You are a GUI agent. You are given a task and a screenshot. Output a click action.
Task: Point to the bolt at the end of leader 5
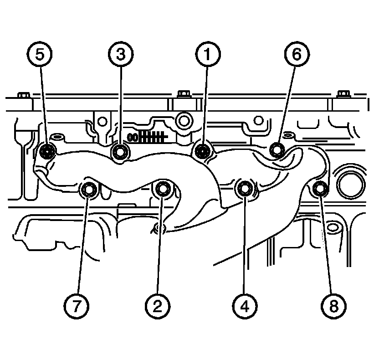click(47, 151)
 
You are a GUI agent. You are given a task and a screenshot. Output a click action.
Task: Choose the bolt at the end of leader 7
click(89, 188)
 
